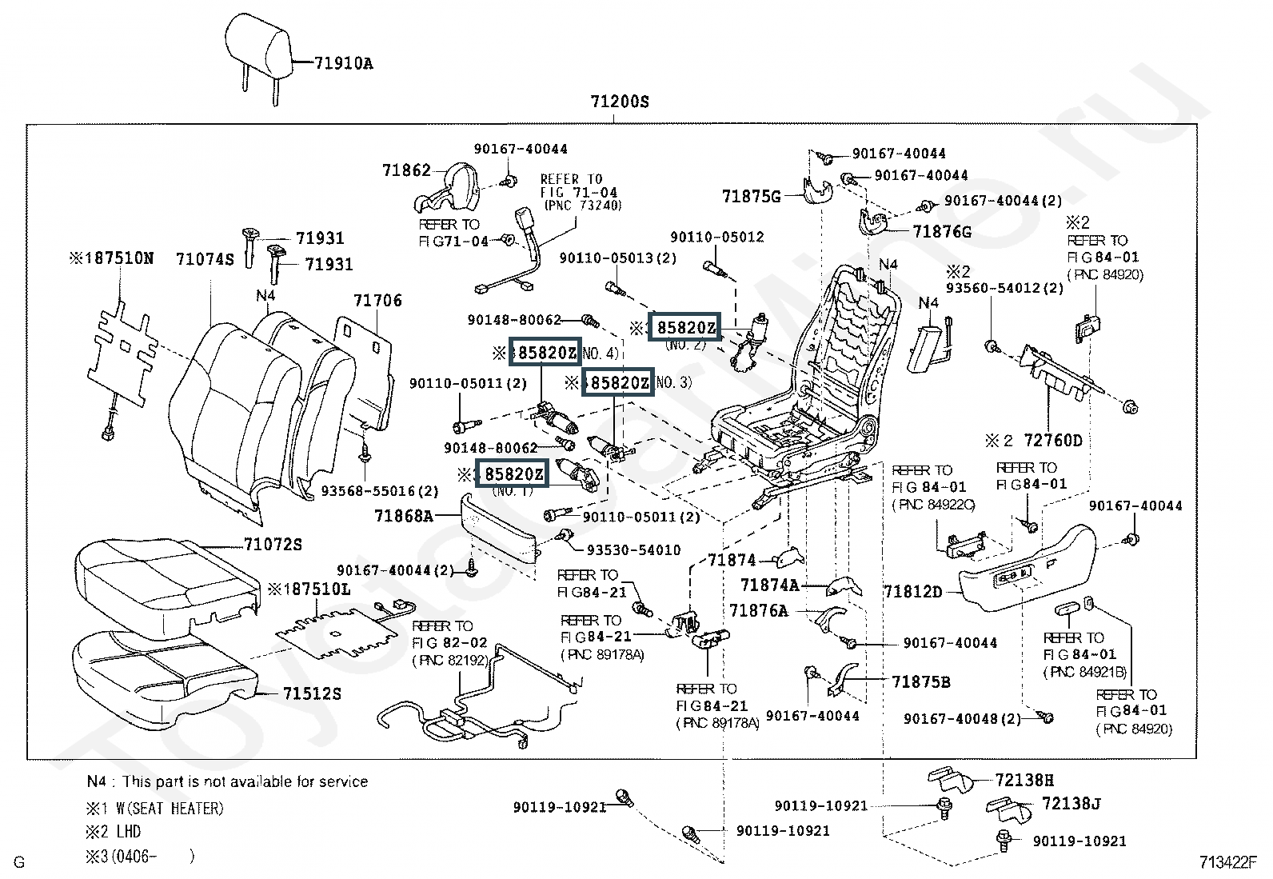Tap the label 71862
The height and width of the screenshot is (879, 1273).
(406, 170)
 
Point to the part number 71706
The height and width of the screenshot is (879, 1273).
(377, 301)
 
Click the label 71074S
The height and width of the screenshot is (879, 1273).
(205, 259)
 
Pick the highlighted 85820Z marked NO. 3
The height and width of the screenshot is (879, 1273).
(618, 383)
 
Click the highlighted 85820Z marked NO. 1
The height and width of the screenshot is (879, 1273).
(513, 474)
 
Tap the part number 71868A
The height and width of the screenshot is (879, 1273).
(403, 517)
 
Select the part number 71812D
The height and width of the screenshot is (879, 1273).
(912, 592)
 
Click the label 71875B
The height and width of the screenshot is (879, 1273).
(921, 682)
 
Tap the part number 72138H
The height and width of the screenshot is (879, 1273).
(1025, 780)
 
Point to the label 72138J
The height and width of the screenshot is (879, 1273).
(1071, 804)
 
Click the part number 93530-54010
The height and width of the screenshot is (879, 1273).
(633, 550)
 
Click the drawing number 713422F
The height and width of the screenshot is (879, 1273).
(1227, 862)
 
